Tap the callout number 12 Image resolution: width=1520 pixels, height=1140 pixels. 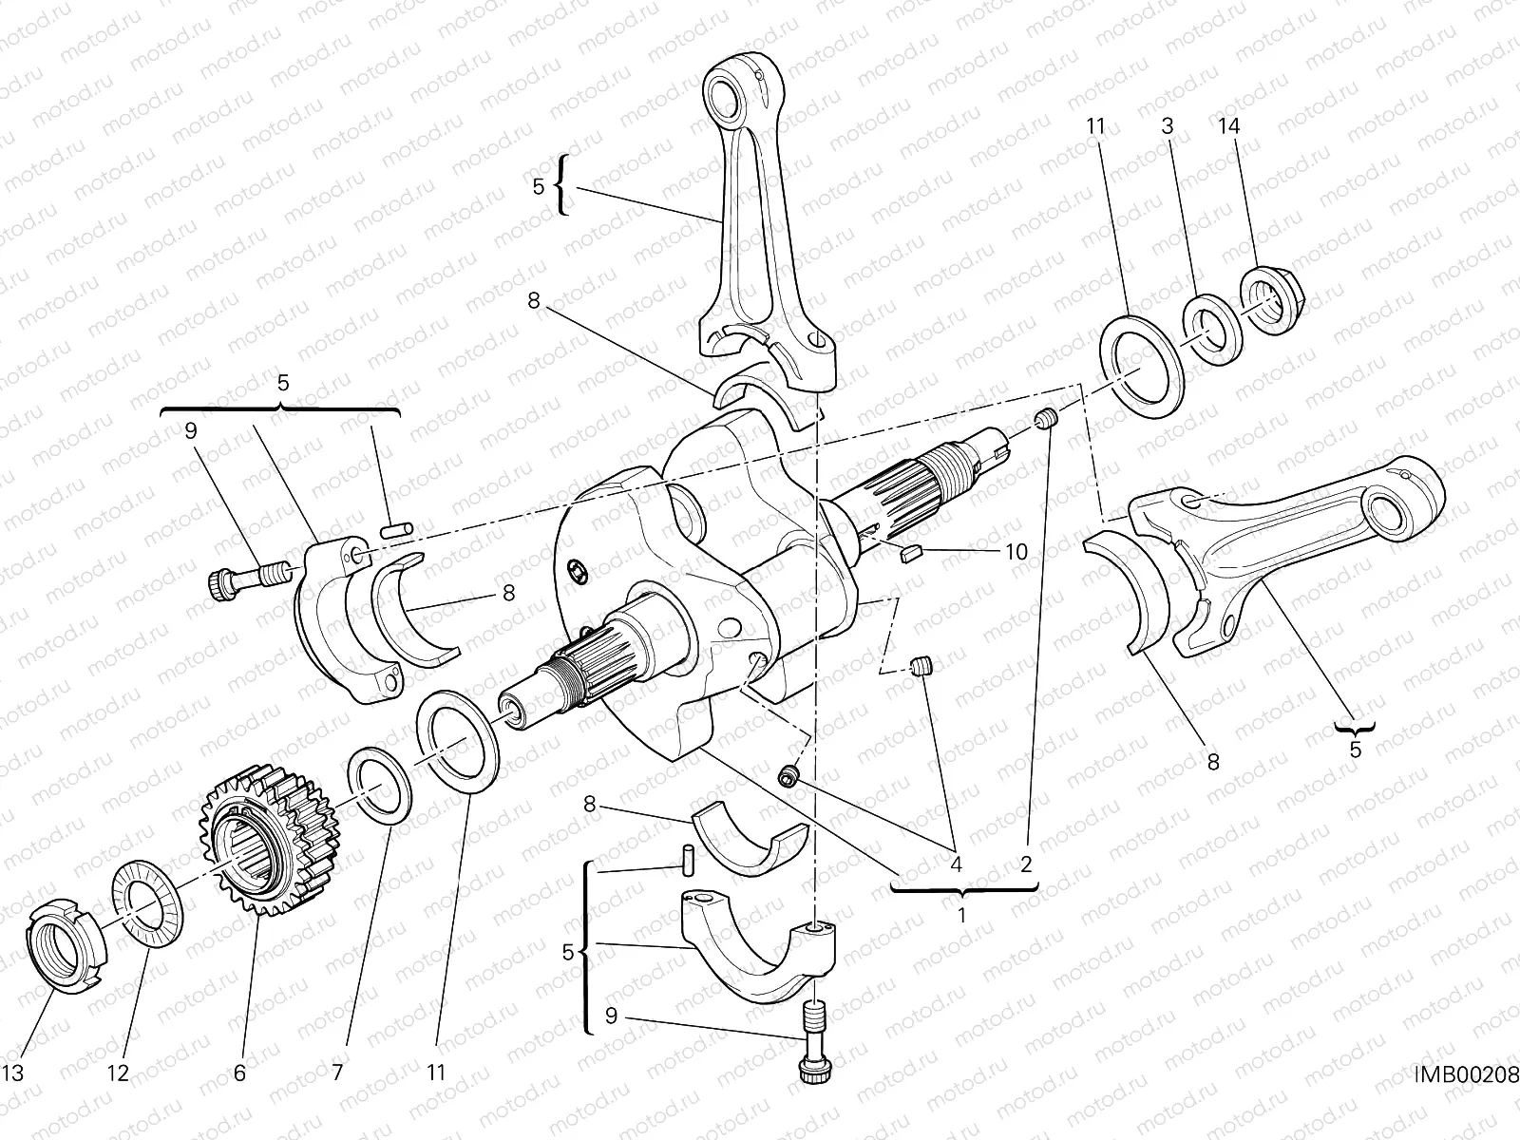(117, 1073)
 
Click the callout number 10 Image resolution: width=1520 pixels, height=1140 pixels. (1015, 551)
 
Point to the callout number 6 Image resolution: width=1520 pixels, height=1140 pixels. (239, 1073)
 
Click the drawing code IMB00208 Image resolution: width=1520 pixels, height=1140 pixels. (1466, 1073)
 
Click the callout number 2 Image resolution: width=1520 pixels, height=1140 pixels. (1026, 864)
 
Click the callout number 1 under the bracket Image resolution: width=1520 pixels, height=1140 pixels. (961, 918)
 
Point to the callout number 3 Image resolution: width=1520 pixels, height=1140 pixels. (1168, 126)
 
